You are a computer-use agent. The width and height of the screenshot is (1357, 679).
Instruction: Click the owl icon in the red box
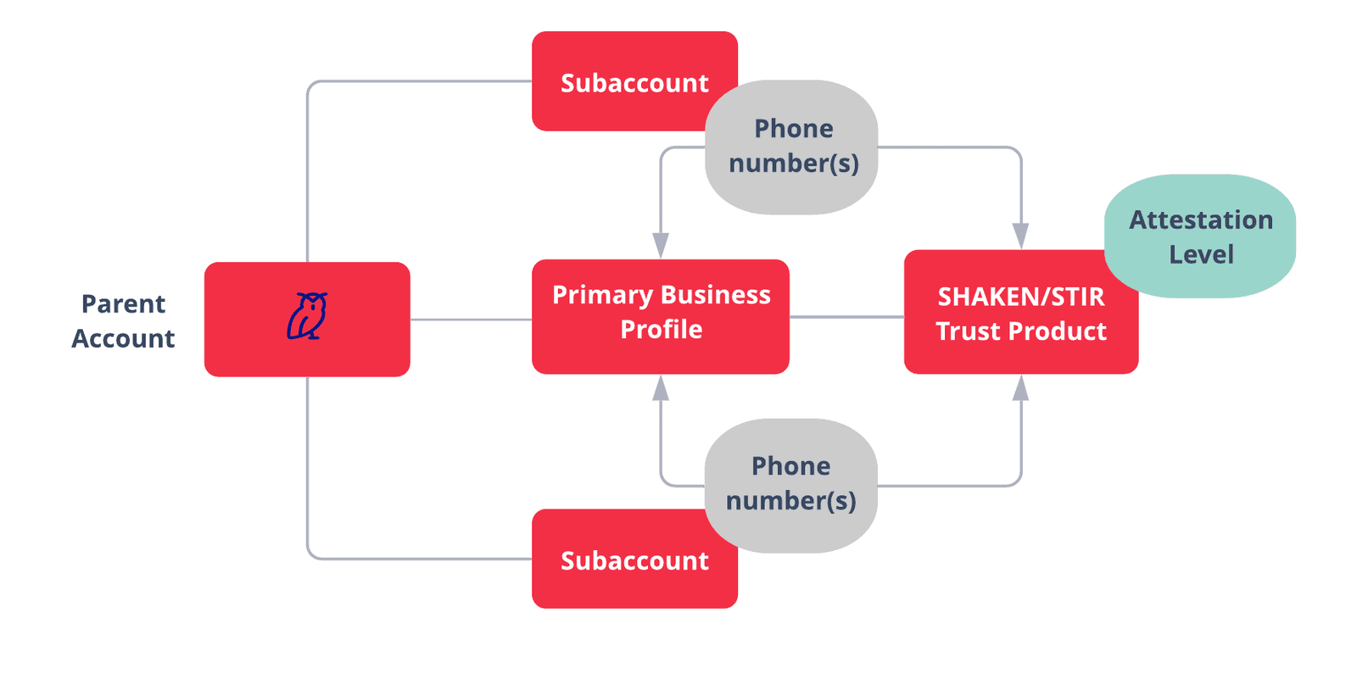tap(307, 316)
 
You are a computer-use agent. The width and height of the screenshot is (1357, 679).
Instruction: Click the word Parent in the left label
tap(123, 303)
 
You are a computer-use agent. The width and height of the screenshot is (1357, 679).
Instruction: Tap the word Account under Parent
tap(123, 338)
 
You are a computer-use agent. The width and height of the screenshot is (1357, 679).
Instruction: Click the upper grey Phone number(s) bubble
tap(793, 146)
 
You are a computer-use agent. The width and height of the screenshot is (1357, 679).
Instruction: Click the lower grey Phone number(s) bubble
tap(791, 484)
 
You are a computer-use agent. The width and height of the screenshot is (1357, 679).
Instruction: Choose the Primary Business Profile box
tap(661, 315)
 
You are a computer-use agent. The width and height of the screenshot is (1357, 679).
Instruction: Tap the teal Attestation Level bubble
tap(1201, 236)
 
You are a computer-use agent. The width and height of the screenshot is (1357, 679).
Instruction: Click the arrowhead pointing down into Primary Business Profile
tap(661, 246)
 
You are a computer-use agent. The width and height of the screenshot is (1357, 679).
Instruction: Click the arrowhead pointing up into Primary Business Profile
tap(661, 388)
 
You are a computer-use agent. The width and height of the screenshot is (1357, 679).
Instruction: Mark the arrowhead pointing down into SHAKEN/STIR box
tap(1021, 236)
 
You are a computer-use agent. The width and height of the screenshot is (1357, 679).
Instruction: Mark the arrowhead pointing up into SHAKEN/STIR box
tap(1021, 388)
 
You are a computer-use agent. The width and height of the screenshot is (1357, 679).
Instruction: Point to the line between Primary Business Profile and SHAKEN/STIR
tap(846, 317)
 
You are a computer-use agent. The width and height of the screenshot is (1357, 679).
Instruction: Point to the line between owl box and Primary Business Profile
tap(471, 320)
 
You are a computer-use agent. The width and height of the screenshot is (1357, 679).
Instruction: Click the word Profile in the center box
tap(661, 329)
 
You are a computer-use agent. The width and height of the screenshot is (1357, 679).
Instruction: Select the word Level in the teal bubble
tap(1201, 254)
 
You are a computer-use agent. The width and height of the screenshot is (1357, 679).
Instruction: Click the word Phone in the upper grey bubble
tap(793, 128)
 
